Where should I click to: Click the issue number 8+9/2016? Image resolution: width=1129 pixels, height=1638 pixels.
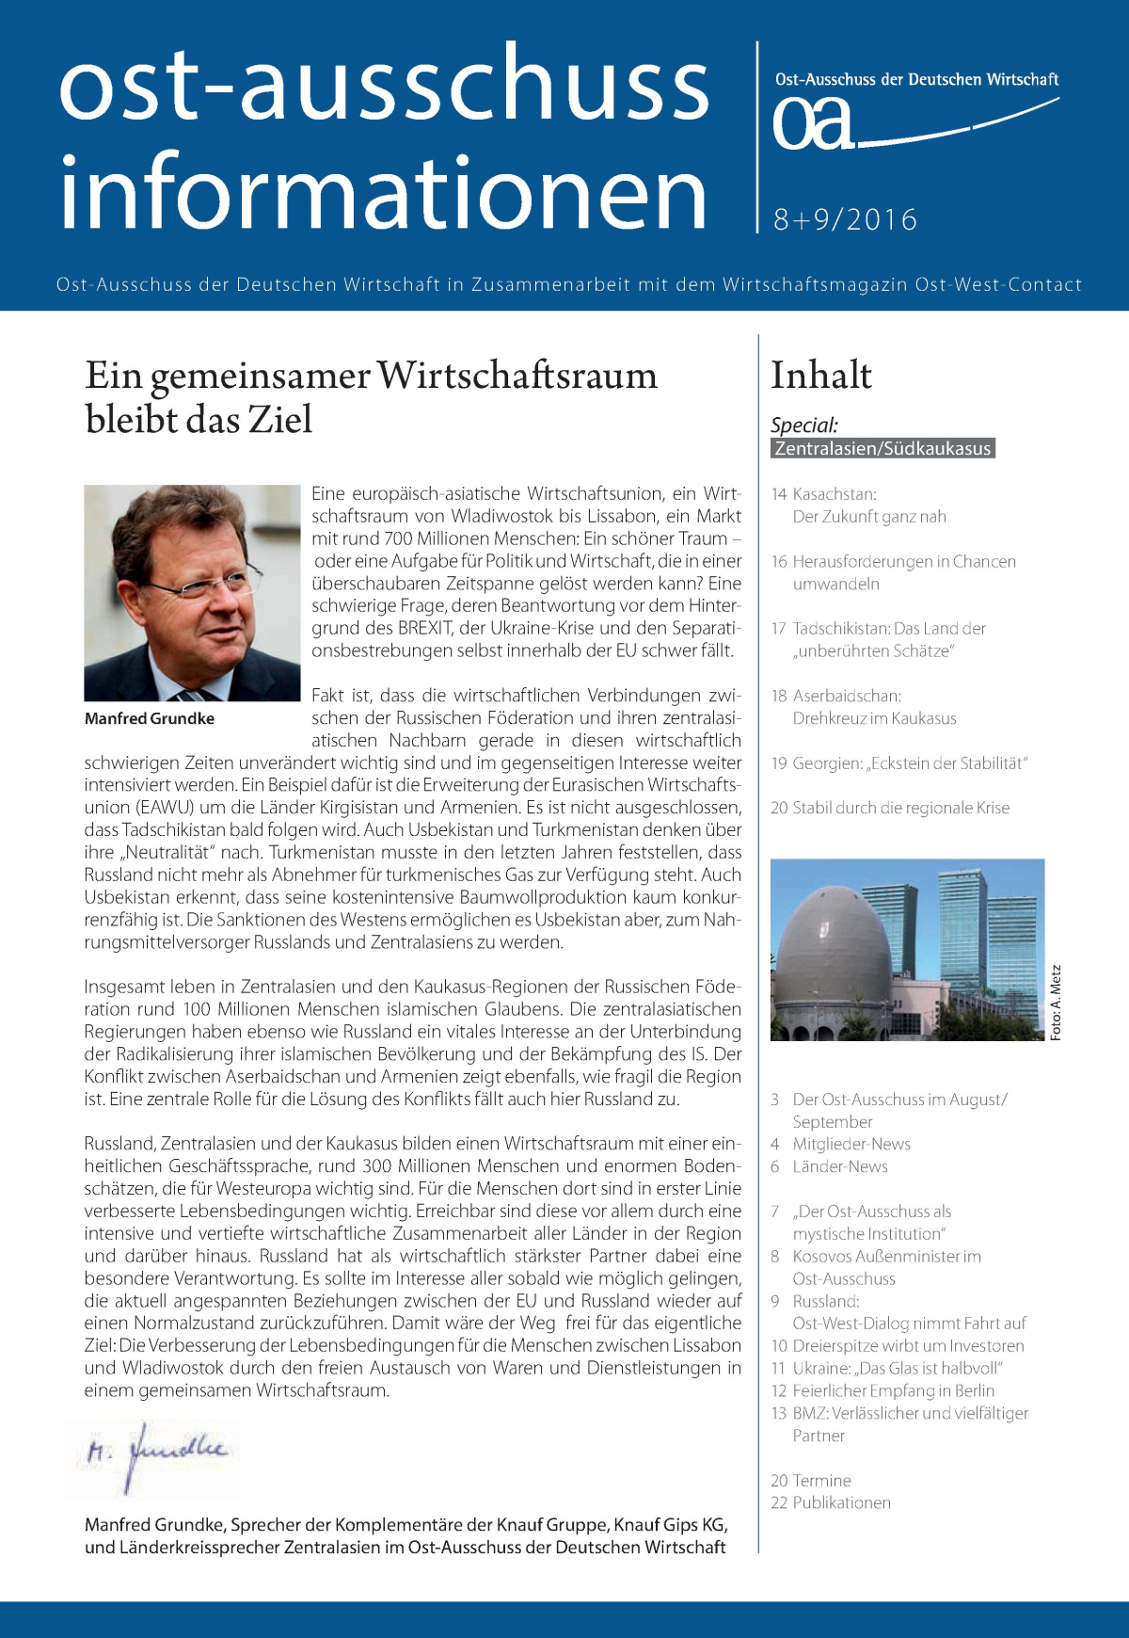tap(845, 219)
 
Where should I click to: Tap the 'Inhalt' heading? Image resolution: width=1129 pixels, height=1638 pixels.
tap(821, 376)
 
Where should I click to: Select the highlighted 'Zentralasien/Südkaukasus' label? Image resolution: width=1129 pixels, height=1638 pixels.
tap(883, 449)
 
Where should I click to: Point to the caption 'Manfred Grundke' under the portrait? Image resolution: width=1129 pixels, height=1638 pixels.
tap(150, 718)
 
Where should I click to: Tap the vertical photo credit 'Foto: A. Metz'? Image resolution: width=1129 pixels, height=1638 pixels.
tap(1056, 1002)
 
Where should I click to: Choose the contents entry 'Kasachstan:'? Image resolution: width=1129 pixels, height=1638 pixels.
tap(835, 494)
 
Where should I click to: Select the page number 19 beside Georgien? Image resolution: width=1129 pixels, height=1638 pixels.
tap(779, 763)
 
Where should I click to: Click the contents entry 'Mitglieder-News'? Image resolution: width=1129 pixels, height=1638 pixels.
tap(851, 1145)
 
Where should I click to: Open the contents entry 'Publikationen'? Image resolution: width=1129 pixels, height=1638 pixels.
tap(841, 1503)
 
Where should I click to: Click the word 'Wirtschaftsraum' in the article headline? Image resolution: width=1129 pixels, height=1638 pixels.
tap(517, 376)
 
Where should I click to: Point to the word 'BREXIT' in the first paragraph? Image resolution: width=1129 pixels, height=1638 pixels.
tap(427, 628)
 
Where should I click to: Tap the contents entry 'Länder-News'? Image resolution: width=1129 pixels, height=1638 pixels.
tap(840, 1167)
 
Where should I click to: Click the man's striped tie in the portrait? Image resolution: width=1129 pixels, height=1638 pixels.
tap(193, 695)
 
